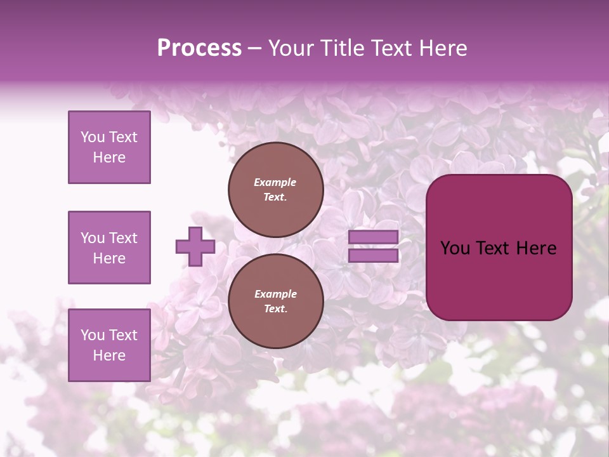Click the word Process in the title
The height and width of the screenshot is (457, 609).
199,48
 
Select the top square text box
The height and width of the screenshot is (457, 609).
109,147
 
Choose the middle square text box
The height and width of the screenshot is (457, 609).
109,248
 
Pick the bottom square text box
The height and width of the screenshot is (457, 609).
109,345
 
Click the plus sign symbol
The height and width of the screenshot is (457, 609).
195,246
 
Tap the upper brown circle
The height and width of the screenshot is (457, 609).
276,190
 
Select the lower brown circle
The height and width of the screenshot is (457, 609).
276,301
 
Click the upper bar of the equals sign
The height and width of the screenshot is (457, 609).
374,237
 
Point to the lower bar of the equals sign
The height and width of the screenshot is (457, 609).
374,256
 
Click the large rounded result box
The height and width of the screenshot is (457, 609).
499,248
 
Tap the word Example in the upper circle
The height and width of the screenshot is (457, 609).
275,182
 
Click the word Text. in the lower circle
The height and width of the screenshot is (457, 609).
275,309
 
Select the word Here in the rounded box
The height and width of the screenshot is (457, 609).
536,248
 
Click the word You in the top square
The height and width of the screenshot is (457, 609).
93,137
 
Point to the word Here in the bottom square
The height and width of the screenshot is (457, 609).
109,355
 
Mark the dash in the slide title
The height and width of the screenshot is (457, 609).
254,48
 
